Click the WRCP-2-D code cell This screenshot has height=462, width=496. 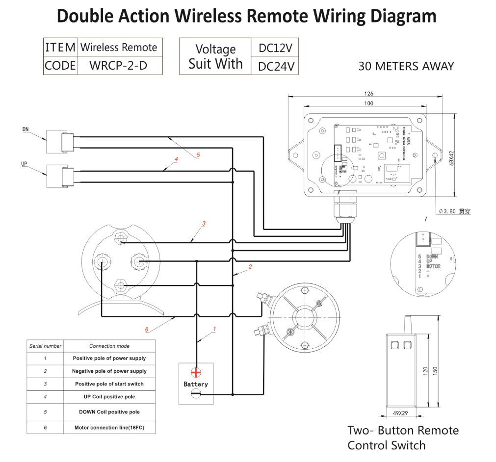coord(119,65)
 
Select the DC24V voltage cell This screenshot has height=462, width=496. coord(275,66)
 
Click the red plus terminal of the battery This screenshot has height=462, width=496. coord(196,372)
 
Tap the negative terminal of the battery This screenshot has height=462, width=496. coord(196,393)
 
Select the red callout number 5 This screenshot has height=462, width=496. coord(198,155)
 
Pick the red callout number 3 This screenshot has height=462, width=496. coord(204,224)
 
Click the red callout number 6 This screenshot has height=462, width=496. coord(147,330)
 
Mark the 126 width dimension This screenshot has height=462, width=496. coord(369,94)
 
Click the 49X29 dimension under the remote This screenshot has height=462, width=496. coord(400,413)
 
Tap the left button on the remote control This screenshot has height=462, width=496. coord(393,345)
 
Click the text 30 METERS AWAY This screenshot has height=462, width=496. coord(406,66)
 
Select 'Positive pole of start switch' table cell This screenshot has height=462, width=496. coord(109,384)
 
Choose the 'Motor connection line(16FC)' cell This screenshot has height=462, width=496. coord(109,428)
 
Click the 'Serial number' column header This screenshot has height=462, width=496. coord(45,346)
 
